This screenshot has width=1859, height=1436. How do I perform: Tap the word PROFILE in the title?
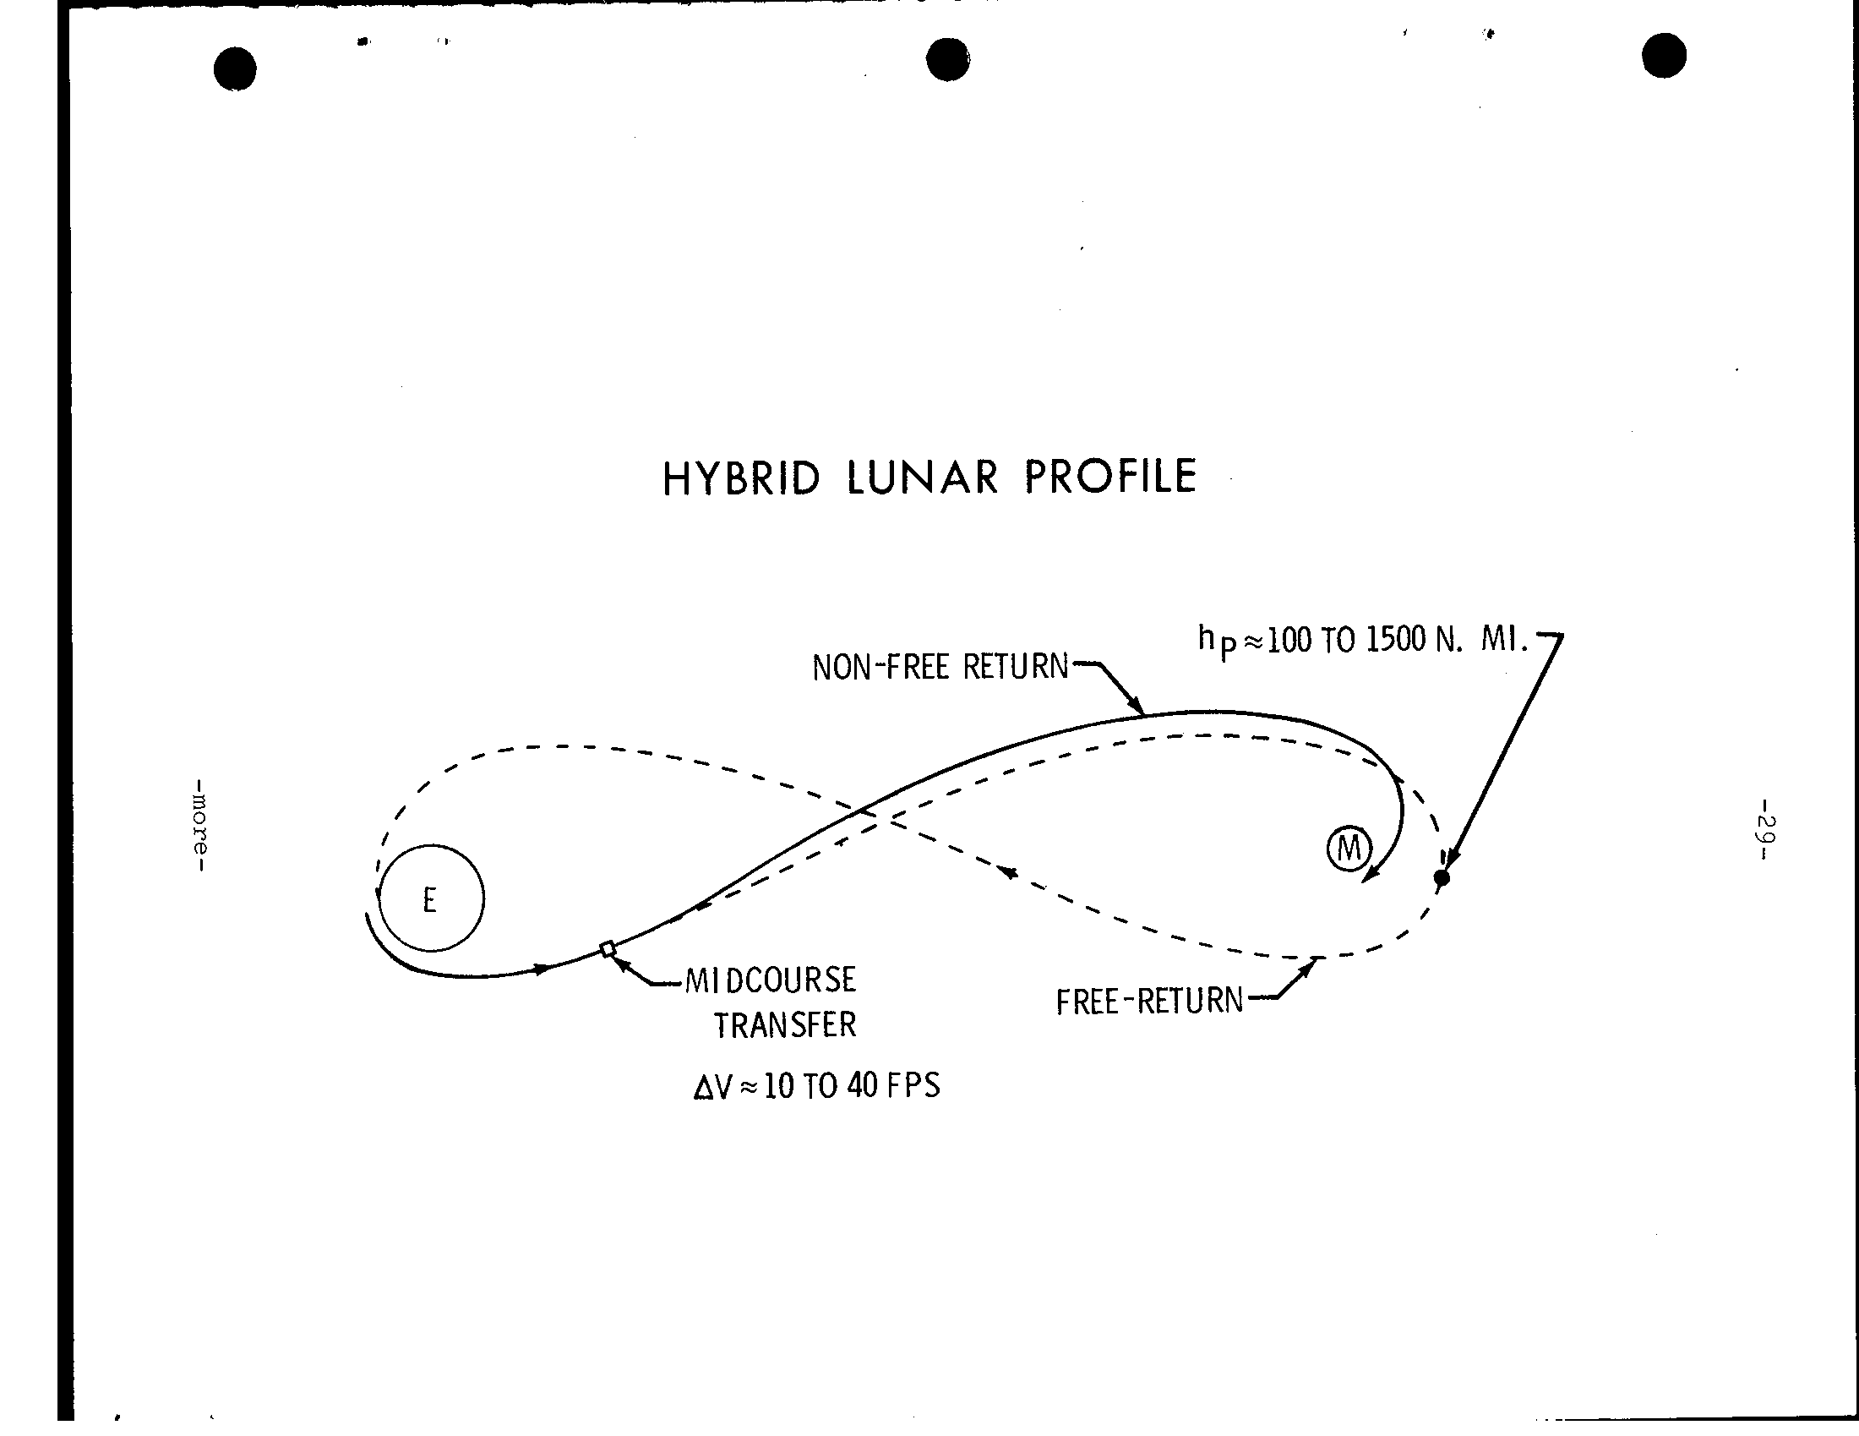click(x=1111, y=476)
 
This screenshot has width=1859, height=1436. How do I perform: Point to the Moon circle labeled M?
click(x=1349, y=849)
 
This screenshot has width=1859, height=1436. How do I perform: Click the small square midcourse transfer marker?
click(x=608, y=948)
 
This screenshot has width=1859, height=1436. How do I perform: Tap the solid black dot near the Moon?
click(x=1441, y=877)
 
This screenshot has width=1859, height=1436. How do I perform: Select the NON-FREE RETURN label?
click(x=940, y=668)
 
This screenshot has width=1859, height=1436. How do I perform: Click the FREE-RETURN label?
click(x=1150, y=1002)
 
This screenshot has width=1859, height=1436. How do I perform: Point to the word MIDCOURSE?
click(x=771, y=980)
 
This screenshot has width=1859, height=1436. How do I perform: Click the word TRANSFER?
click(x=785, y=1026)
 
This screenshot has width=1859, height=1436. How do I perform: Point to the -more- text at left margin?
click(x=200, y=825)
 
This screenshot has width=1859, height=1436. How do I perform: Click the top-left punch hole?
click(x=235, y=69)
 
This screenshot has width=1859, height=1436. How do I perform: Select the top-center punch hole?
click(x=947, y=59)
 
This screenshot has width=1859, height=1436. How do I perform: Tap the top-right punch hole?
click(x=1664, y=55)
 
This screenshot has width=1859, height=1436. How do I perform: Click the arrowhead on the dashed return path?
click(x=1010, y=872)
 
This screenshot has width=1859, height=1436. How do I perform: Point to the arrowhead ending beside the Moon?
click(x=1370, y=874)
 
